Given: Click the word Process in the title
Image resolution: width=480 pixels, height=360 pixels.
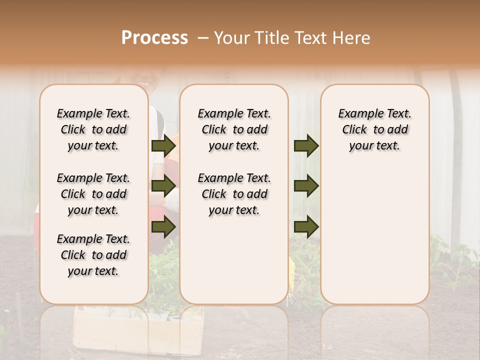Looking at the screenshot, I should click(x=154, y=38).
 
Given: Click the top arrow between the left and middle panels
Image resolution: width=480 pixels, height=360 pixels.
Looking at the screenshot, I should click(x=163, y=146).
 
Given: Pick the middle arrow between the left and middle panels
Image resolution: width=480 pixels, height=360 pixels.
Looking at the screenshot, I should click(x=163, y=186).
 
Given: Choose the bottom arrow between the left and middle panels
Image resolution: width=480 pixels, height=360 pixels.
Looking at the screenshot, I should click(x=163, y=227).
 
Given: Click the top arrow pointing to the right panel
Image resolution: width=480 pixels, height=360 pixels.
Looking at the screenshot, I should click(x=306, y=146).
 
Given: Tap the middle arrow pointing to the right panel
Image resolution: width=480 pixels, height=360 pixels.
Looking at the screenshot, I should click(x=306, y=186).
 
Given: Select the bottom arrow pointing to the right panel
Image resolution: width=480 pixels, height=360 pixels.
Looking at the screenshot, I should click(x=306, y=227).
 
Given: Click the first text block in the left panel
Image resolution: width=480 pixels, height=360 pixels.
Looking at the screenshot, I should click(x=93, y=129).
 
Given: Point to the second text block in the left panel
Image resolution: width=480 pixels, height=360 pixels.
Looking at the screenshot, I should click(x=93, y=194).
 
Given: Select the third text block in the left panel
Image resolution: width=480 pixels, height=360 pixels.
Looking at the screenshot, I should click(x=93, y=255).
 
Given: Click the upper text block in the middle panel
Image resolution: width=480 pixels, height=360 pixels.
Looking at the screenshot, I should click(x=234, y=129).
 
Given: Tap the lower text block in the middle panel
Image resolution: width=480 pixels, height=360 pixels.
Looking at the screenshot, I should click(x=234, y=194).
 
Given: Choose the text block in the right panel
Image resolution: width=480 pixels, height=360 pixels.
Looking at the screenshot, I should click(x=374, y=129).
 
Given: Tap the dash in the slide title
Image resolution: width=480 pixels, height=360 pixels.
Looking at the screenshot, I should click(x=202, y=38).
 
